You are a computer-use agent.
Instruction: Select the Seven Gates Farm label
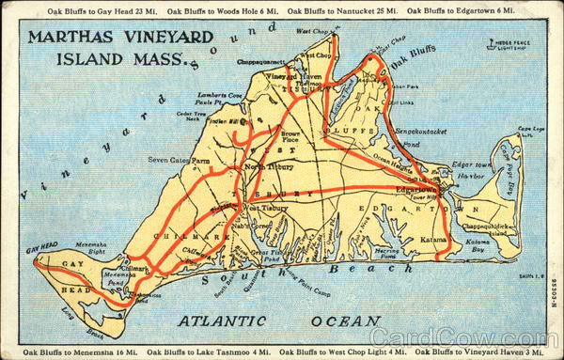point(178,160)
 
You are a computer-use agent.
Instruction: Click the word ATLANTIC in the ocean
point(227,321)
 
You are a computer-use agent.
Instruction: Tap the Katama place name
point(433,241)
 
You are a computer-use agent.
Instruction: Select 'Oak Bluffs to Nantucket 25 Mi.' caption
point(343,10)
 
